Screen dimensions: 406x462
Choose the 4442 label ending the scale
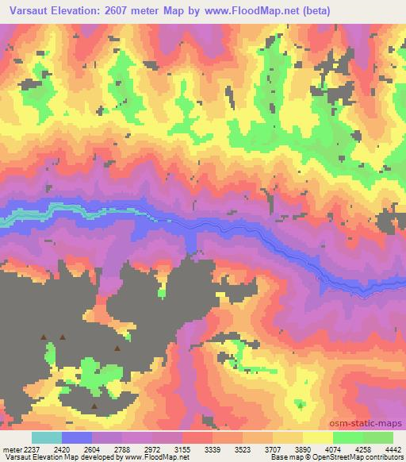[393, 448]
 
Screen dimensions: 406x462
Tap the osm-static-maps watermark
[373, 423]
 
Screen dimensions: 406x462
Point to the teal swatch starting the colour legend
[47, 437]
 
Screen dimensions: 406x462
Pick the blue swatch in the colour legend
[77, 437]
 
